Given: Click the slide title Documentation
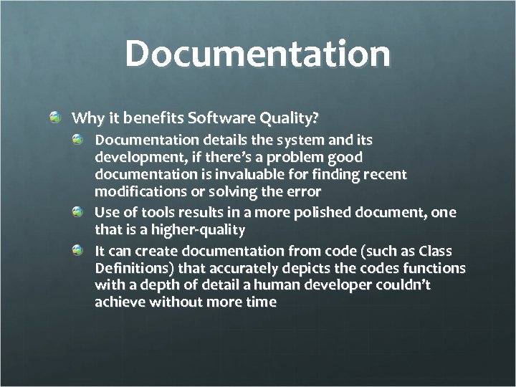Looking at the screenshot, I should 258,55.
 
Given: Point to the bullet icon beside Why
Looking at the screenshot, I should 55,115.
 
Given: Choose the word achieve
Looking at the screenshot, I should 118,302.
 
